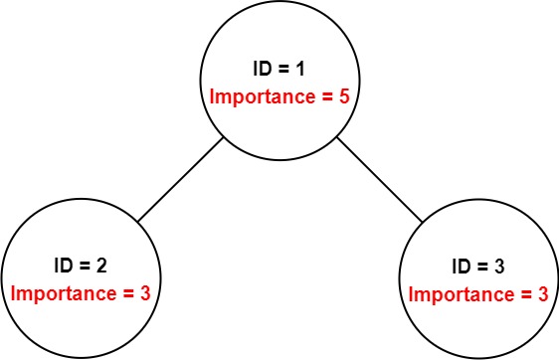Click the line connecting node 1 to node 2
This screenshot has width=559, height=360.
(x=181, y=179)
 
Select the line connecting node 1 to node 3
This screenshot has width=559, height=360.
(x=379, y=179)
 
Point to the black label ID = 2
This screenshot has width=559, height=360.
(x=81, y=267)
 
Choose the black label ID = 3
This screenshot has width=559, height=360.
(x=478, y=267)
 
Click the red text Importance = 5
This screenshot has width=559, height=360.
(x=279, y=97)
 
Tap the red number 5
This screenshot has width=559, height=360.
(x=340, y=97)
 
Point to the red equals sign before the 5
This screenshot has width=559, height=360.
(x=324, y=97)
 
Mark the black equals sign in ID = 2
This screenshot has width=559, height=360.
(x=86, y=267)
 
